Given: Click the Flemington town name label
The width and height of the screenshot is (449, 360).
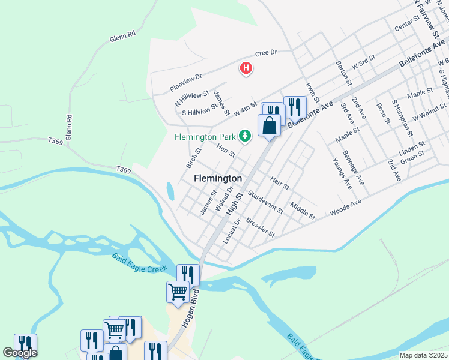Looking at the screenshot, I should (218, 178).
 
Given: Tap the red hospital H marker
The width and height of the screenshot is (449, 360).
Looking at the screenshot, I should (246, 68).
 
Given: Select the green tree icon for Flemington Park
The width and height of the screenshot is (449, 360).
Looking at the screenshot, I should (244, 136).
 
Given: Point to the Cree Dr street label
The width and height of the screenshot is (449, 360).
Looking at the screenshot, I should (265, 53).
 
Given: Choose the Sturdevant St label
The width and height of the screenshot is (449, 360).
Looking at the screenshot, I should (265, 202).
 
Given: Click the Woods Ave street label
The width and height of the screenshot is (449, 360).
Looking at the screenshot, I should (345, 209).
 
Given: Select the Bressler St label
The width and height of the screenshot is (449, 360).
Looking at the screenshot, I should (261, 226).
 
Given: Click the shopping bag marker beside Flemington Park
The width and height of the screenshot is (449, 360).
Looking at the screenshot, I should (269, 125).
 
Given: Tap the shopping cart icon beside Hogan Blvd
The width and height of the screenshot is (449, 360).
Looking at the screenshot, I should (178, 292).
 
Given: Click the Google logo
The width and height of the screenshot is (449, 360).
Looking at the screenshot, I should (20, 353).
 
